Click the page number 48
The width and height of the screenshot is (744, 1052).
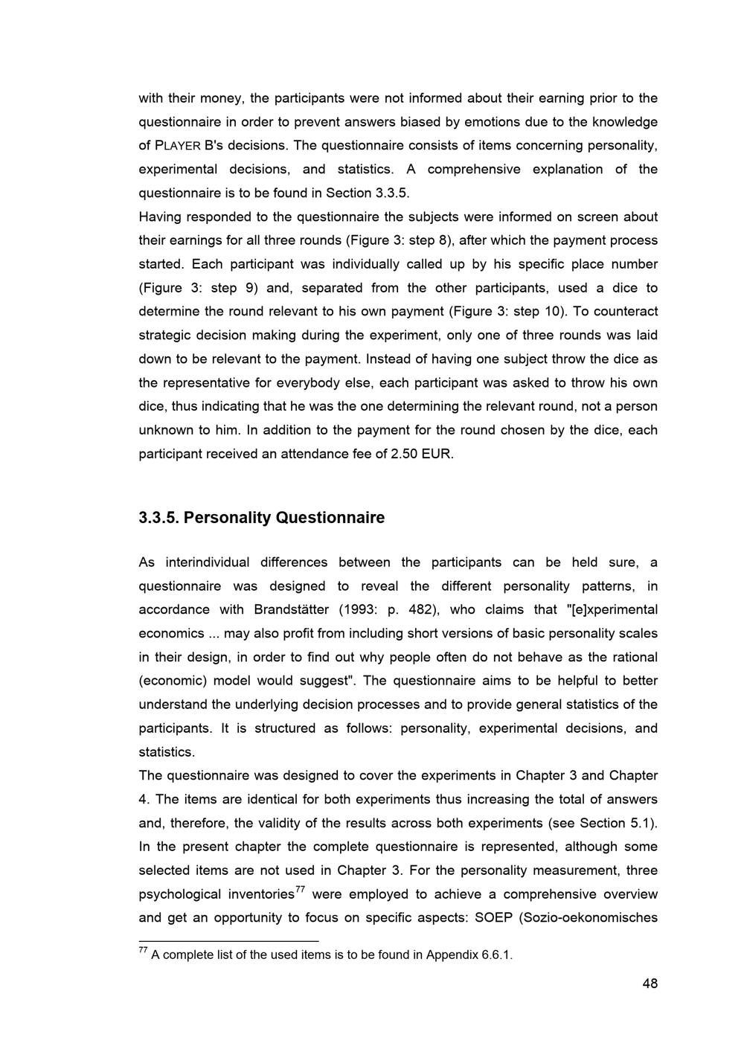(x=650, y=984)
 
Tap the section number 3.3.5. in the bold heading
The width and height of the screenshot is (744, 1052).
(x=158, y=518)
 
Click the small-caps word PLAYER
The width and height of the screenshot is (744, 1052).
(x=178, y=146)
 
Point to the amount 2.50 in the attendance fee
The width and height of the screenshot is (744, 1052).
(x=404, y=454)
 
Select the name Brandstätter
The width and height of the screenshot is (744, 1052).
(x=292, y=610)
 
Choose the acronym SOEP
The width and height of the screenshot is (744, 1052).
(x=493, y=917)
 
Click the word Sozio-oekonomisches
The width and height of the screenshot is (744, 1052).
(x=591, y=917)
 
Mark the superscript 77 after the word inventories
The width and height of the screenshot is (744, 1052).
(x=301, y=889)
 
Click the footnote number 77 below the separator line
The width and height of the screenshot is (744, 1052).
(x=144, y=951)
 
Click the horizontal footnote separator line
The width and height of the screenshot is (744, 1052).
(x=228, y=940)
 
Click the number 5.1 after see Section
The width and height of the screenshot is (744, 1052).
(x=641, y=823)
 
